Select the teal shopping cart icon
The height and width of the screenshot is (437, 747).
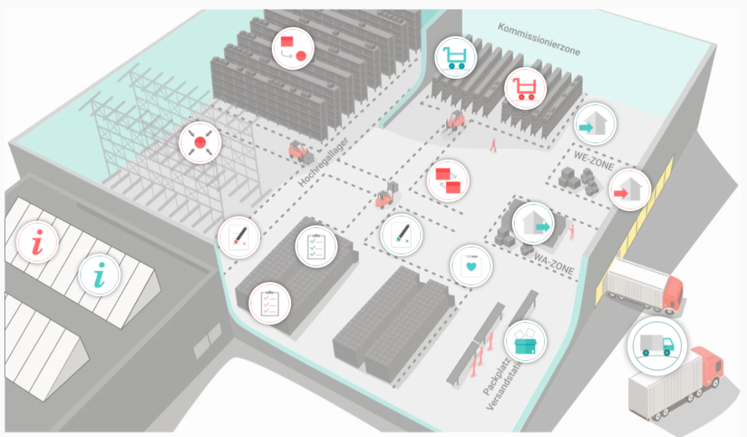point(456,56)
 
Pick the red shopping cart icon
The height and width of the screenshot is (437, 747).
point(524,88)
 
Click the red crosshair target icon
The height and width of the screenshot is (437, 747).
point(199,142)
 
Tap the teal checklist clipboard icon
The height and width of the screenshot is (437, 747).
point(316,246)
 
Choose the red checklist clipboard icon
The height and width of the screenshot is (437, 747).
point(269,302)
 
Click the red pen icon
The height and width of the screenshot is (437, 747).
point(239,237)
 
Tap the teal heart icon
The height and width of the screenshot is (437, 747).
point(471,265)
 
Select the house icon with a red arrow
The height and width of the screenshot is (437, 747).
point(629,189)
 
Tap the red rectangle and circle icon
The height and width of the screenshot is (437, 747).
point(293,48)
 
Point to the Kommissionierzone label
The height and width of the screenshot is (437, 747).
point(539,39)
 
